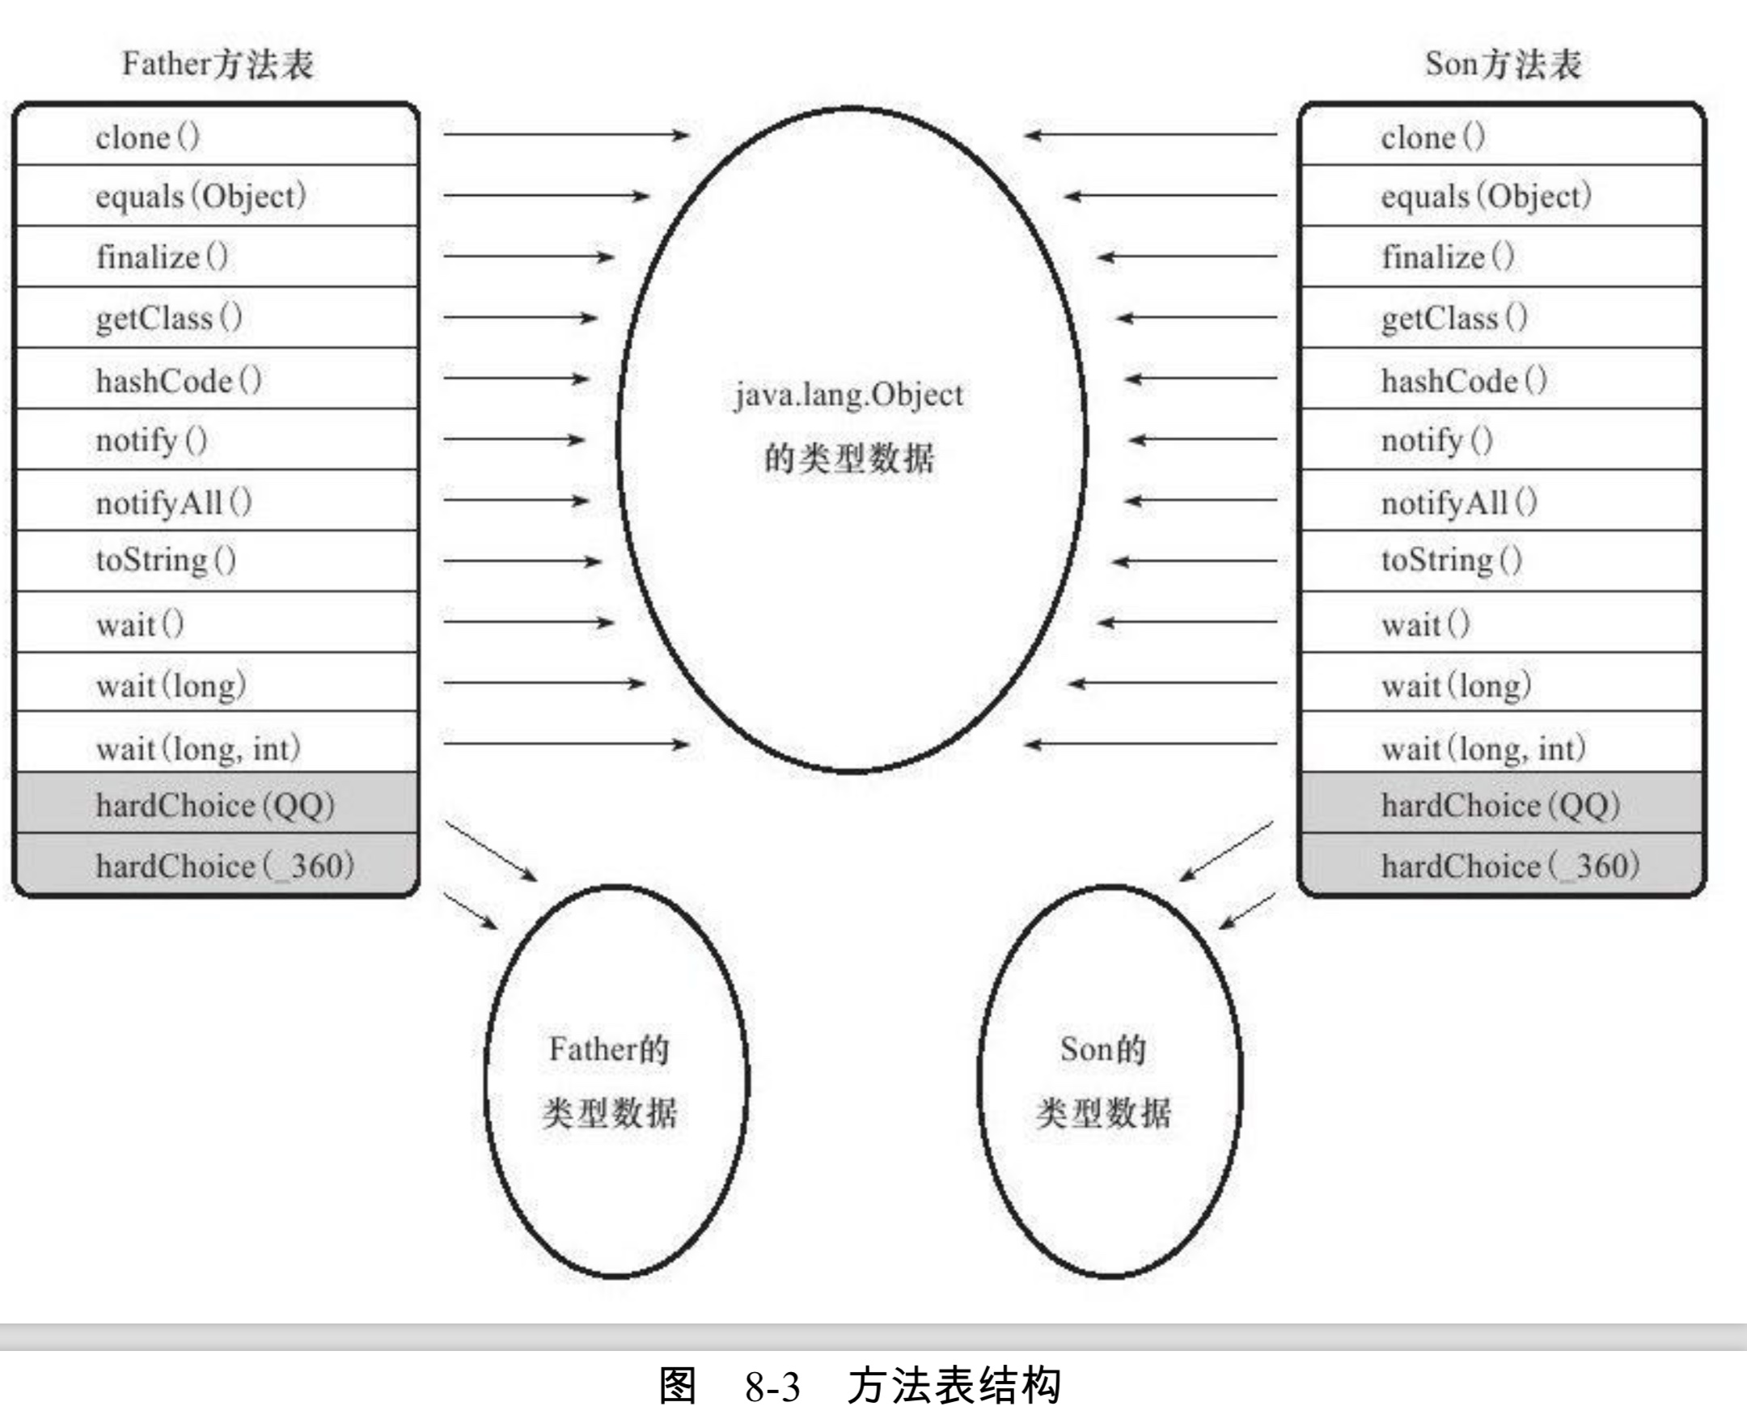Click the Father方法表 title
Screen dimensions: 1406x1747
point(217,64)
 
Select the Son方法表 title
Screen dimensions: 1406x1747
point(1503,64)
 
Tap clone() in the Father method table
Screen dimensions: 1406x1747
point(147,137)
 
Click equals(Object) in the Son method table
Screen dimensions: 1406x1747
point(1486,196)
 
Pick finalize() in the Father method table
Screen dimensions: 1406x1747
point(162,257)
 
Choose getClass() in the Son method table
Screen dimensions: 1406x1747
point(1453,318)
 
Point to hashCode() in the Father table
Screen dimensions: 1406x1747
point(178,380)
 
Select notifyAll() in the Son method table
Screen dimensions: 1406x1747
point(1458,502)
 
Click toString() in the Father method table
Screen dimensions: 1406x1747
point(166,561)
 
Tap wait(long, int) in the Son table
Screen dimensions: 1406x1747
point(1483,748)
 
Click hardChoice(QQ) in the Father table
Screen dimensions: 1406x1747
point(214,806)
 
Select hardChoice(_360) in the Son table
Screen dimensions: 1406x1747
point(1510,866)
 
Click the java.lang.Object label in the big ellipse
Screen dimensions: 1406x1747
point(849,396)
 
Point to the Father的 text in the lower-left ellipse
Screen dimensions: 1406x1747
point(608,1049)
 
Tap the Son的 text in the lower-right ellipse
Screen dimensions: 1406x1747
point(1103,1049)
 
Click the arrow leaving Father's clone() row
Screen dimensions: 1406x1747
point(565,134)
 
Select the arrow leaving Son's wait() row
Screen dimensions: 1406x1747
point(1187,622)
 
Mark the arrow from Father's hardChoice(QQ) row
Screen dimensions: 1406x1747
point(491,851)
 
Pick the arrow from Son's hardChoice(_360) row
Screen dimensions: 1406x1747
point(1248,911)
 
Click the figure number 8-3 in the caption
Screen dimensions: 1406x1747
point(772,1387)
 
